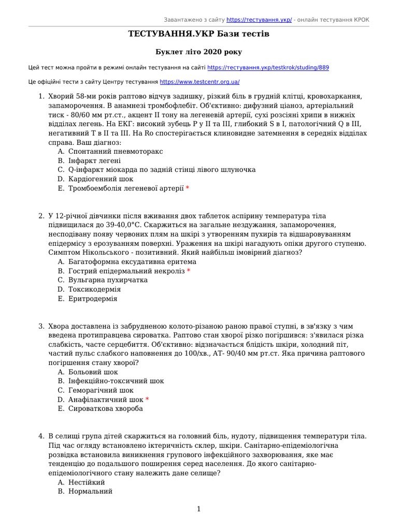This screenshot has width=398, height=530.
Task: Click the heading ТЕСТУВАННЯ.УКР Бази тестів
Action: (199, 34)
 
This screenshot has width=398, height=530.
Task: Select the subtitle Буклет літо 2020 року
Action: (199, 52)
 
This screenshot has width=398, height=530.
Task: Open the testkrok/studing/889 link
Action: (267, 68)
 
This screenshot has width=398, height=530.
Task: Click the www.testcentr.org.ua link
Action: (200, 82)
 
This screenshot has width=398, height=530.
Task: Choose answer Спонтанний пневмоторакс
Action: (116, 151)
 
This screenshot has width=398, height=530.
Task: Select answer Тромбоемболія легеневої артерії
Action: (126, 188)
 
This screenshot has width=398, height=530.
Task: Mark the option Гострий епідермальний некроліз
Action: (126, 271)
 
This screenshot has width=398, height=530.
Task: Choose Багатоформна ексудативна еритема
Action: (132, 261)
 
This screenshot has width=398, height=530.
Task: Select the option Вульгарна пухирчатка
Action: (108, 280)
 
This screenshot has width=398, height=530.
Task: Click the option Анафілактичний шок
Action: (106, 400)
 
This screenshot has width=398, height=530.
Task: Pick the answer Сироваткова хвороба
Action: (106, 409)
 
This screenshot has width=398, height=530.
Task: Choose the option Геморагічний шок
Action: (101, 390)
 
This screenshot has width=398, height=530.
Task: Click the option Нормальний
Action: (90, 491)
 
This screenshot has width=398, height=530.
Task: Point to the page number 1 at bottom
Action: (198, 509)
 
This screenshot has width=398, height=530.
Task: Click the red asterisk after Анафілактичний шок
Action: (147, 400)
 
